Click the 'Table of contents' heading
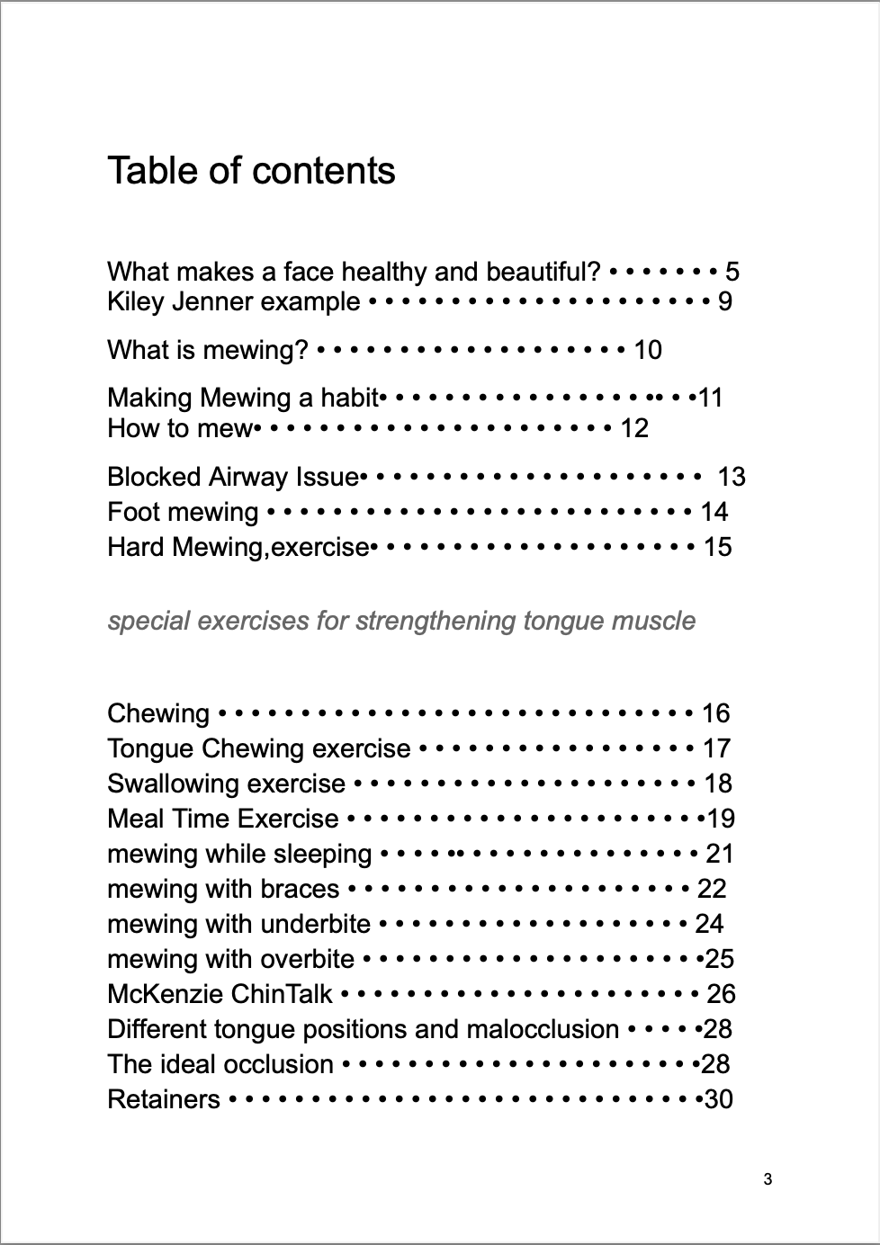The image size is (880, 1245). point(251,171)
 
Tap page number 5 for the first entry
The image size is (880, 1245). point(732,272)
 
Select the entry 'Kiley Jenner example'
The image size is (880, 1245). point(233,301)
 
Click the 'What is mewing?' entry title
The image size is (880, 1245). point(208,350)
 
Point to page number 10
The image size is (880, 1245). point(648,350)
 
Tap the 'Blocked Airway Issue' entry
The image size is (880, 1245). point(233,477)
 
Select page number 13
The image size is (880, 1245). point(732,477)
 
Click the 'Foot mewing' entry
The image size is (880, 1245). point(183,512)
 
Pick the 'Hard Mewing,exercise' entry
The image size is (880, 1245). point(238,547)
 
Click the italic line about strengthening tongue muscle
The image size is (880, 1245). point(401,621)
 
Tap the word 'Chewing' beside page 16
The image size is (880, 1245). point(158,713)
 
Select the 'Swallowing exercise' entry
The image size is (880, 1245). point(226,784)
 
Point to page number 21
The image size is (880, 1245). point(720,854)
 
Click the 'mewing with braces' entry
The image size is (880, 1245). point(223,889)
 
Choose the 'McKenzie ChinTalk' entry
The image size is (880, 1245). point(220,994)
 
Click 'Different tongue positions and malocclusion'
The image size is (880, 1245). point(363,1029)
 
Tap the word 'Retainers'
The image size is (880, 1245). point(164,1099)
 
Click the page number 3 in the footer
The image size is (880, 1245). point(767,1179)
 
